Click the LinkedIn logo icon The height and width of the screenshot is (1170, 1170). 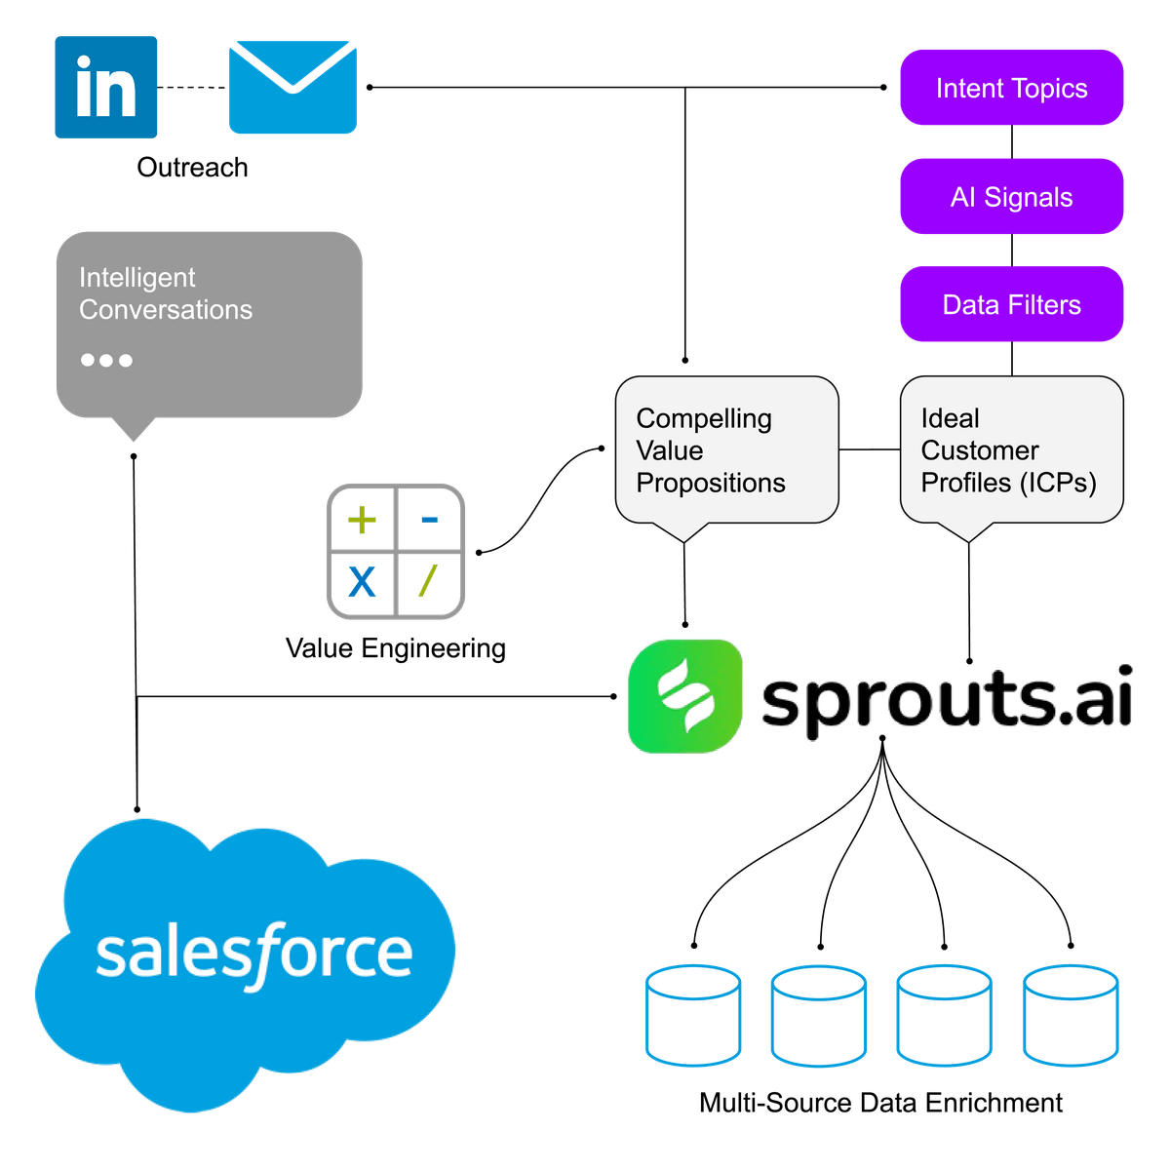(x=105, y=88)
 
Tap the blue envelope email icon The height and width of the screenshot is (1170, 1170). (x=292, y=88)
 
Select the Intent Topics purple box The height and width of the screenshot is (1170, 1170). (x=1011, y=88)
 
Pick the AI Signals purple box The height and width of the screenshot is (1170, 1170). (x=1011, y=197)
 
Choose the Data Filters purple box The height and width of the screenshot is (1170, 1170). (x=1011, y=305)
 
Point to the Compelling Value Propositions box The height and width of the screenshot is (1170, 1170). (x=726, y=450)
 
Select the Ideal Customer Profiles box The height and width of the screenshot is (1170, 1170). (x=1011, y=450)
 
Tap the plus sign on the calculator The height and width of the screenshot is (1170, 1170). (x=362, y=520)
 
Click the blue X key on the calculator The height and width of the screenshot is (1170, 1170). (x=362, y=583)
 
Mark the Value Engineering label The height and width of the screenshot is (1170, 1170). (x=395, y=648)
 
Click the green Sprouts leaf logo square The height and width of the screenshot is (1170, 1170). (x=684, y=696)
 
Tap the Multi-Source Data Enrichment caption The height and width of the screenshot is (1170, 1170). (x=880, y=1103)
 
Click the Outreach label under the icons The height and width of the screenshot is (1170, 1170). (x=192, y=168)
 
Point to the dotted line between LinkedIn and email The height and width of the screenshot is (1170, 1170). (x=193, y=88)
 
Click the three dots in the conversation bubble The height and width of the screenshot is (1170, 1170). (x=106, y=360)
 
